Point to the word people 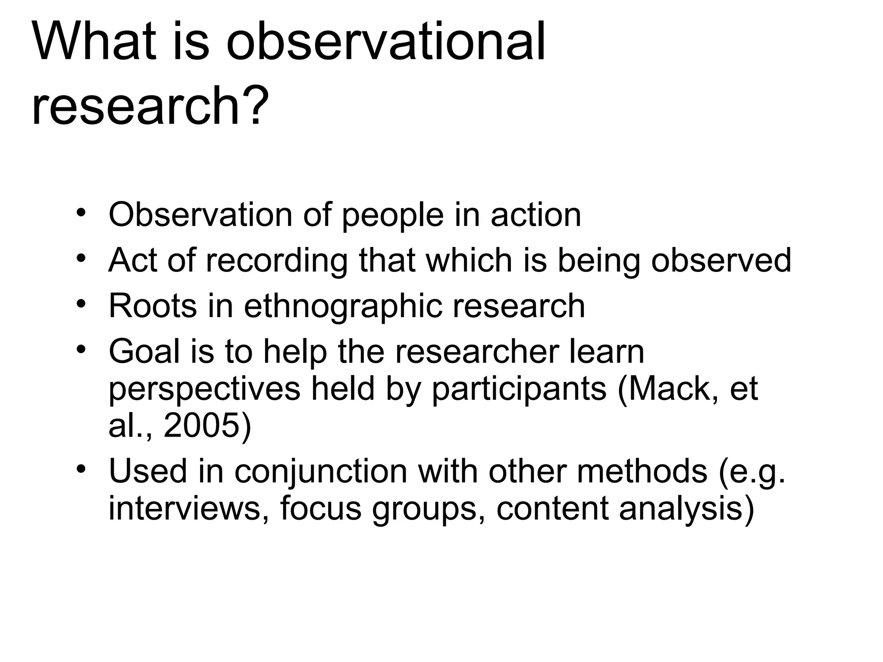(x=392, y=215)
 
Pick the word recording (x=276, y=261)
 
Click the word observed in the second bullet (x=721, y=260)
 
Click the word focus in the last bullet (x=320, y=509)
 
